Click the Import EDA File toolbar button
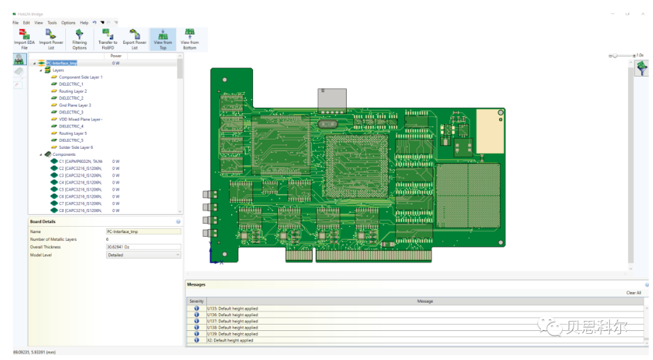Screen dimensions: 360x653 coord(24,38)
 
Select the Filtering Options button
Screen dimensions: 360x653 coord(79,38)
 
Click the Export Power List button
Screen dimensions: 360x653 coord(135,38)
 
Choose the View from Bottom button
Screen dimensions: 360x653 coord(189,38)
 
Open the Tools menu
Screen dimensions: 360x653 coord(52,23)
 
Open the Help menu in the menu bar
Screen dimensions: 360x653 coord(84,23)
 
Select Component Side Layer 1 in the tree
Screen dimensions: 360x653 coord(80,77)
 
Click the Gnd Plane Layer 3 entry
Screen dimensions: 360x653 coord(74,105)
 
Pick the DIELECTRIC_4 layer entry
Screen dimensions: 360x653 coord(71,126)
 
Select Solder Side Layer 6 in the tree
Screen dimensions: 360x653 coord(76,147)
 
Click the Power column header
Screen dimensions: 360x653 coord(116,55)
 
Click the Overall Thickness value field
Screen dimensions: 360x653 coord(143,247)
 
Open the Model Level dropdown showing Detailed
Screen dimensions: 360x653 coord(143,254)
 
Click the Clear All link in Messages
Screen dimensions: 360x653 coord(633,293)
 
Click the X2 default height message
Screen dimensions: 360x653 coord(230,340)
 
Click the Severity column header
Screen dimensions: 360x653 coord(196,301)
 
